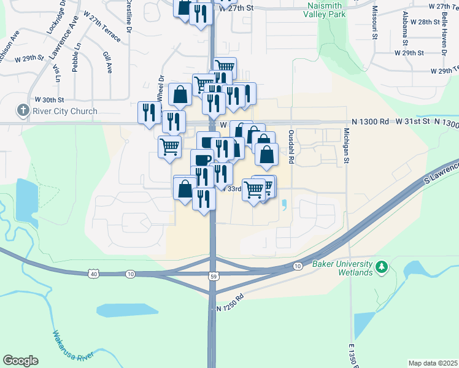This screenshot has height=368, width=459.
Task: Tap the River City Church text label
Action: pyautogui.click(x=66, y=111)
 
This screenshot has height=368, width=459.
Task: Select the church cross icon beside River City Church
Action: pyautogui.click(x=23, y=110)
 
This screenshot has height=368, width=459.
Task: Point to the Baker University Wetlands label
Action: pyautogui.click(x=342, y=268)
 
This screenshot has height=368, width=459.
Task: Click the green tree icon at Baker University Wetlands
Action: pyautogui.click(x=382, y=267)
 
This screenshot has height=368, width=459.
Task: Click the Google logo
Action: pyautogui.click(x=20, y=361)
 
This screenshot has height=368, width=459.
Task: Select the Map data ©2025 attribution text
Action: pyautogui.click(x=433, y=363)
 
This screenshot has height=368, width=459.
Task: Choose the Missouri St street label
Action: pyautogui.click(x=374, y=25)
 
